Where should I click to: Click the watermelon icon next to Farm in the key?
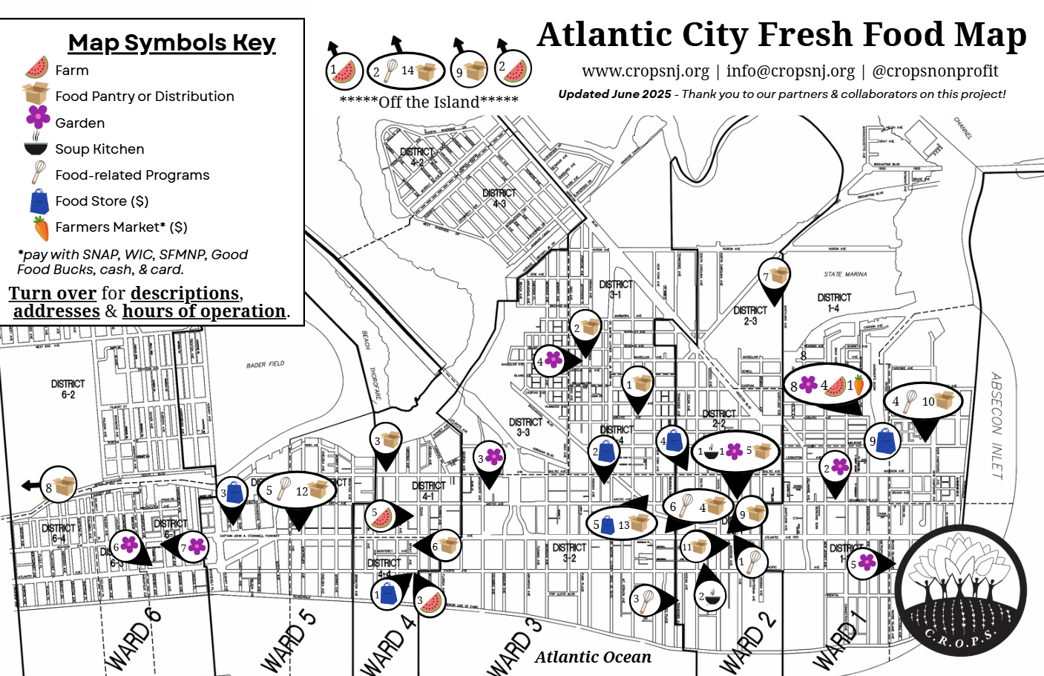pos(36,68)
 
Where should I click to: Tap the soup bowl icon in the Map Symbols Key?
pos(36,147)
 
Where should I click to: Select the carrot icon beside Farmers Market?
pos(41,228)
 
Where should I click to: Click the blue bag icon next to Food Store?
pos(39,201)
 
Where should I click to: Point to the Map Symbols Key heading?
pos(171,42)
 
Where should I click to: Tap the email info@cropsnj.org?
pos(790,71)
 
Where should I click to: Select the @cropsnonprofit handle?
pos(935,71)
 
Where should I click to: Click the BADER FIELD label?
pos(265,365)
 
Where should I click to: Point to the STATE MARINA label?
pos(845,274)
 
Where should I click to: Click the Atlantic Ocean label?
pos(593,657)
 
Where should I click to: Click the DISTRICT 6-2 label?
pos(68,389)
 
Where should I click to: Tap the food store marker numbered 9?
pos(883,440)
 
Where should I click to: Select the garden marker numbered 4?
pos(549,361)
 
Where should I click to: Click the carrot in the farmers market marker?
pos(858,386)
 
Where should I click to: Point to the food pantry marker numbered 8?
pos(59,487)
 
